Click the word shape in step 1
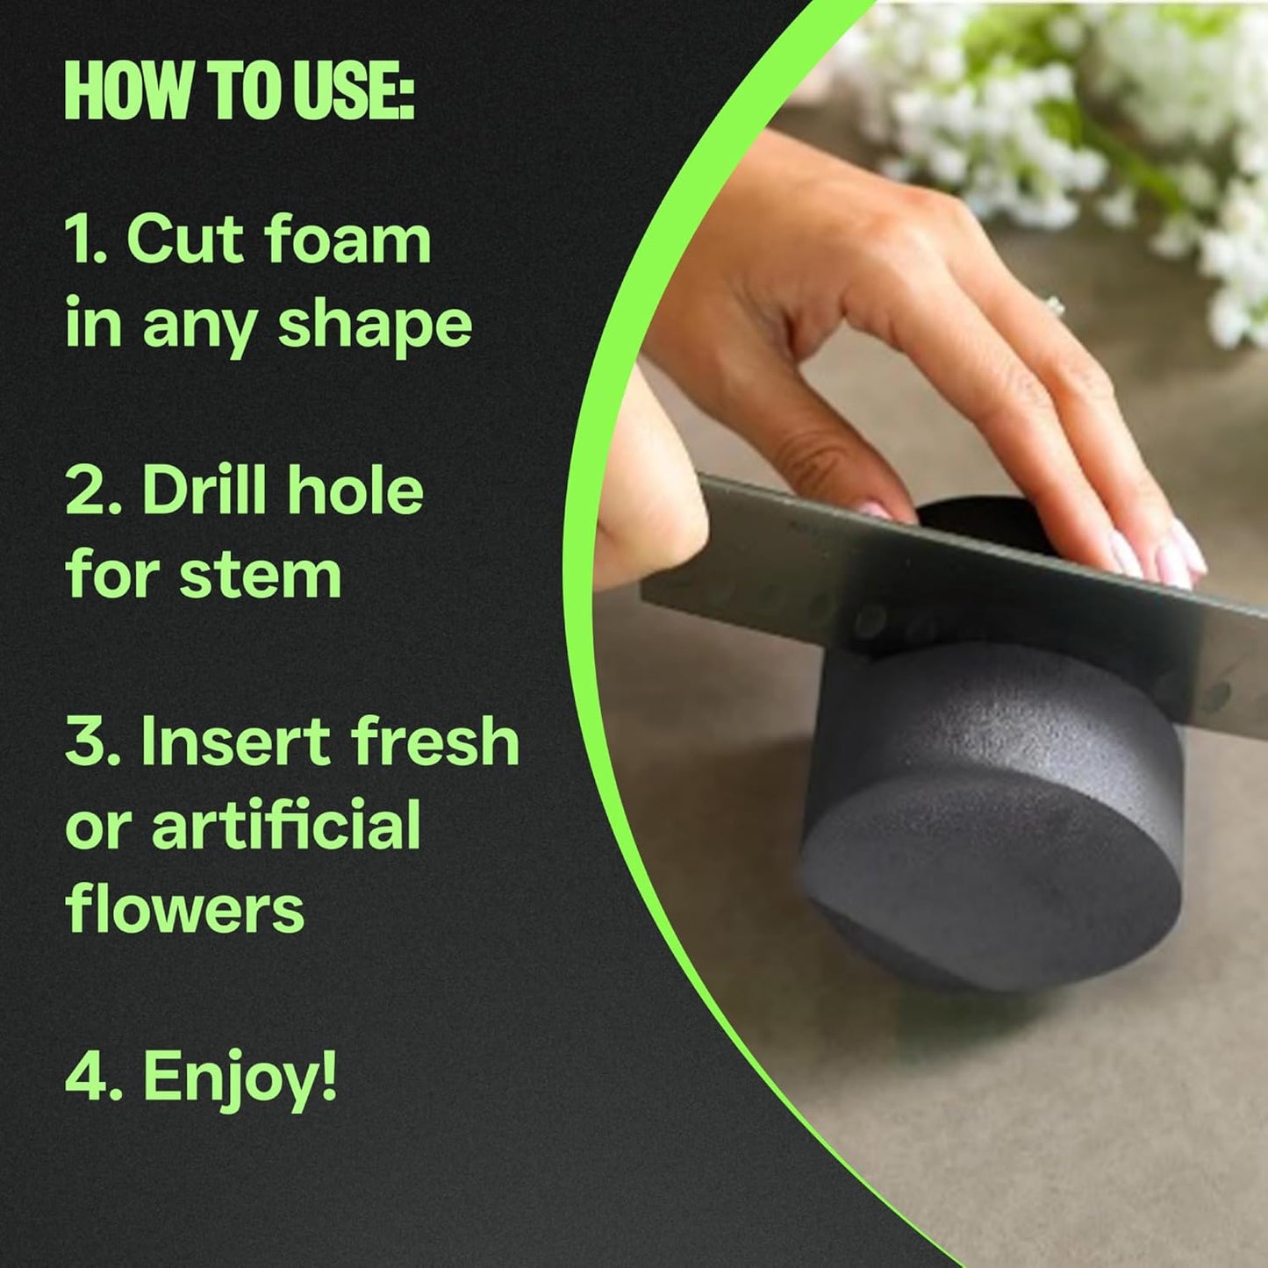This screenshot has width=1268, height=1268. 375,326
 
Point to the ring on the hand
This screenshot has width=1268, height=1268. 1054,307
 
